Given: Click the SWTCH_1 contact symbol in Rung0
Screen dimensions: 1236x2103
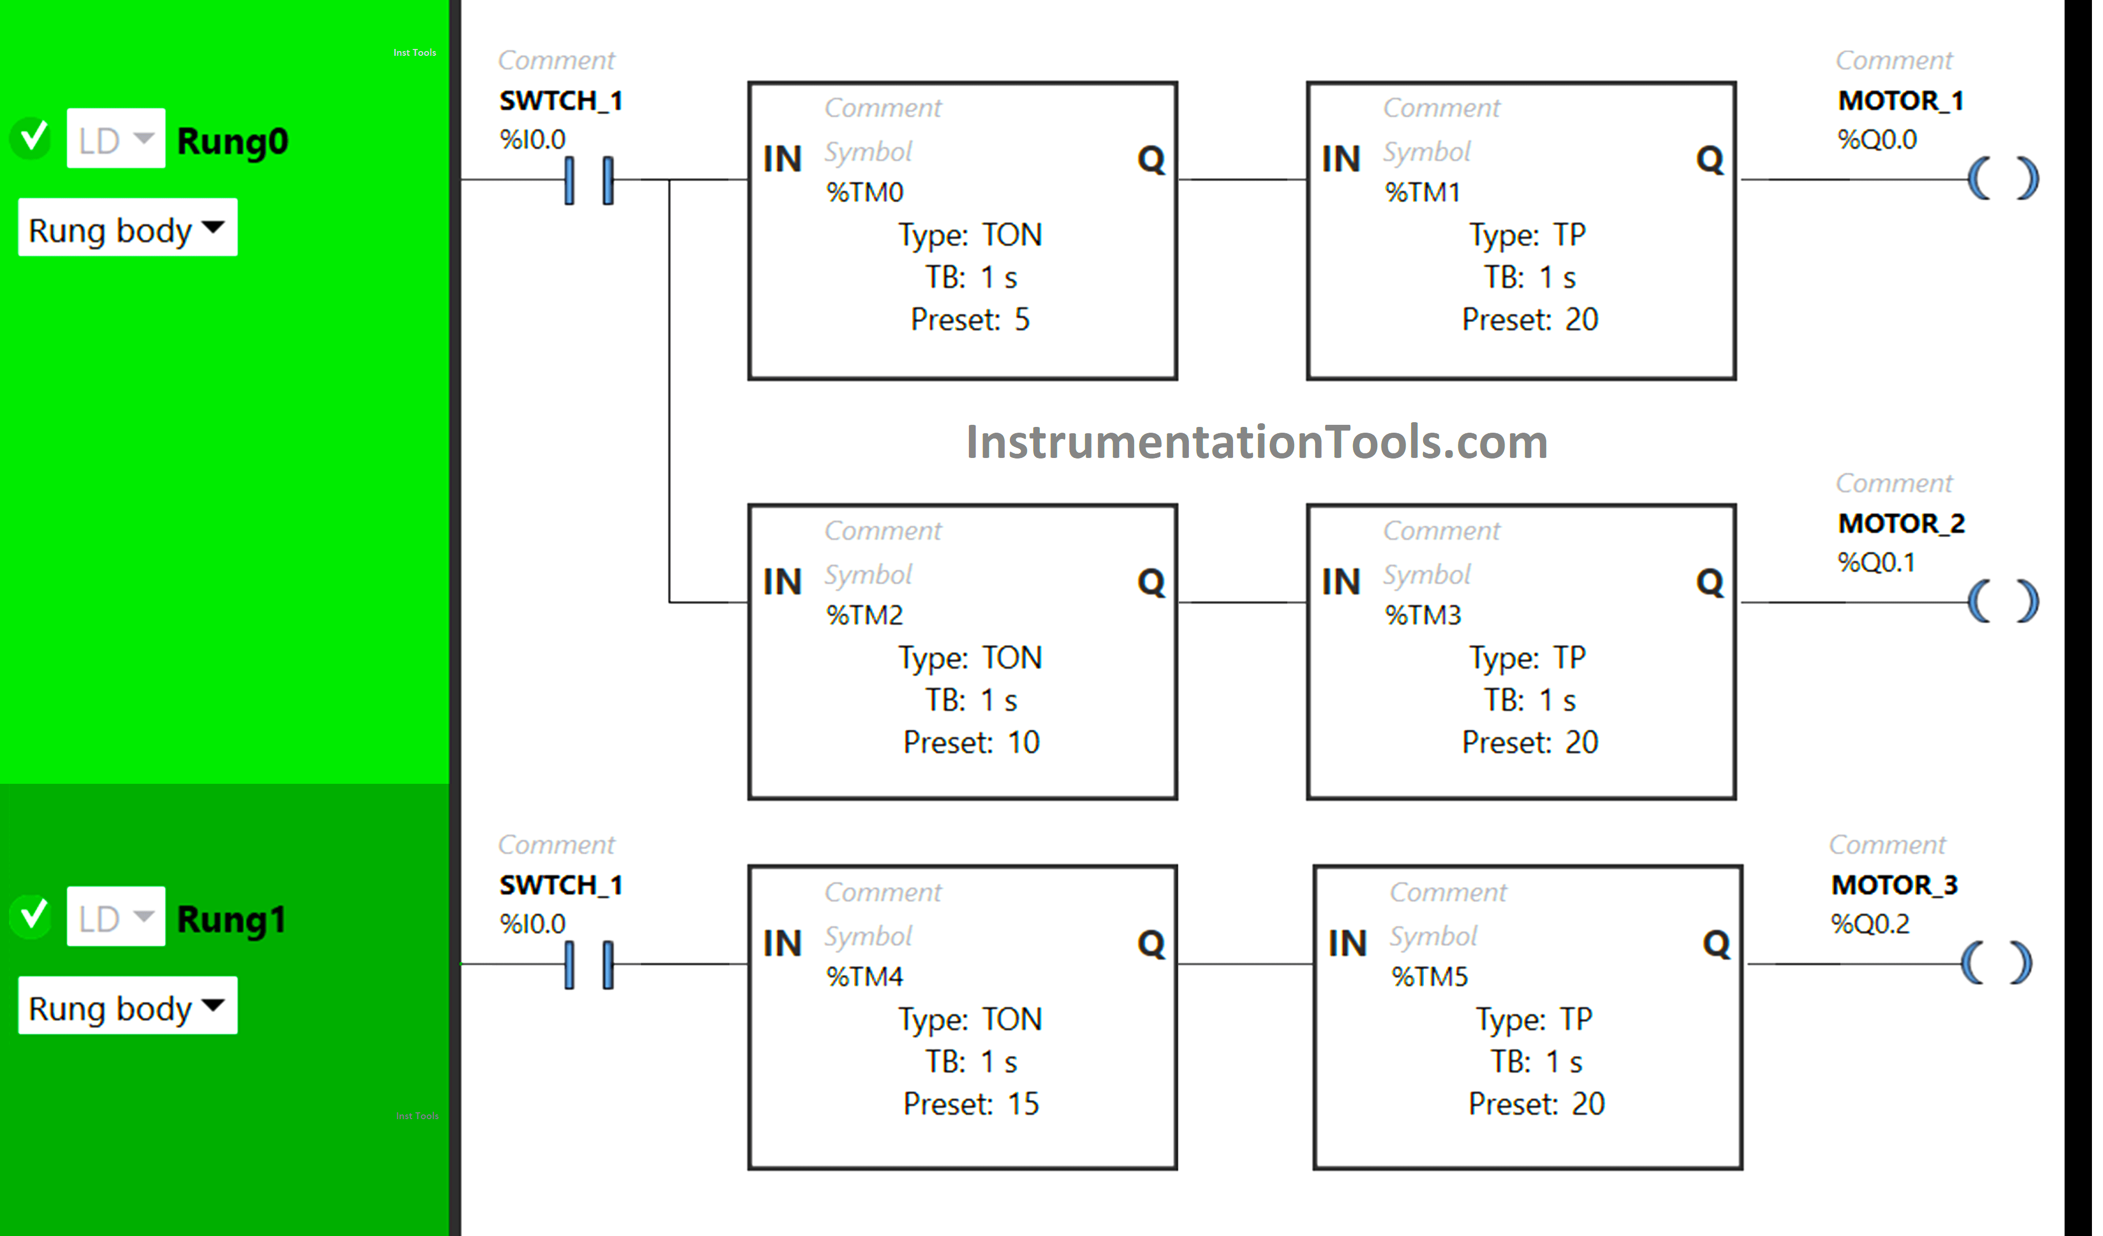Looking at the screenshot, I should click(588, 180).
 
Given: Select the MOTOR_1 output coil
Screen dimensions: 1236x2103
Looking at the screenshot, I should click(2003, 178).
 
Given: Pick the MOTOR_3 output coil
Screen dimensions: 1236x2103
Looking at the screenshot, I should click(1996, 963).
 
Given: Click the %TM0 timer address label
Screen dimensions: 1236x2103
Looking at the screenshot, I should click(865, 193).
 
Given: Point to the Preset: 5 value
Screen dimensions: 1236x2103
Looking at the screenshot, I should click(970, 320).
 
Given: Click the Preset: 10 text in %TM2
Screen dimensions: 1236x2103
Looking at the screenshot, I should click(970, 742).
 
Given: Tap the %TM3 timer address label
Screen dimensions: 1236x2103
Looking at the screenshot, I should click(1423, 615).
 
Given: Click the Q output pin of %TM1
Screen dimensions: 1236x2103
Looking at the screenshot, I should click(1709, 160).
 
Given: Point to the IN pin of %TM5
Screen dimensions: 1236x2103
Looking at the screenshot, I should click(1347, 944).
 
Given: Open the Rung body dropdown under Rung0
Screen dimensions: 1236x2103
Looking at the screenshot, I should click(128, 228).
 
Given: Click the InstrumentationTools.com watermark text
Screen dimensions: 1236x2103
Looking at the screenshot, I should click(1256, 442).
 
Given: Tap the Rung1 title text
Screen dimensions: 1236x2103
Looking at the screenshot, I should click(231, 920).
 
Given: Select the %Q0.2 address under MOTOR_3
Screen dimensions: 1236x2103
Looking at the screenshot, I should click(1869, 924).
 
